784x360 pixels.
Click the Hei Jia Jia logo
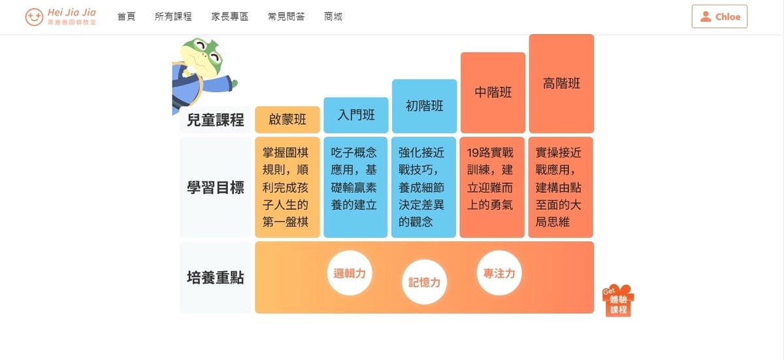click(x=61, y=17)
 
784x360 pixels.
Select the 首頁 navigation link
click(x=126, y=17)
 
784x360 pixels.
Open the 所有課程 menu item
click(x=173, y=17)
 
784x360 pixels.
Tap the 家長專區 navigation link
click(x=230, y=17)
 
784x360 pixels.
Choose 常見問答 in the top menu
click(x=286, y=17)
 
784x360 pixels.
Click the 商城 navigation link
click(x=333, y=17)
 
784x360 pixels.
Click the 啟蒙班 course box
click(x=287, y=120)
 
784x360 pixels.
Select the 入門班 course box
click(x=356, y=116)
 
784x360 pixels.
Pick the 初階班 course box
click(x=424, y=106)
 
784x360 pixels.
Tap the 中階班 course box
click(x=493, y=92)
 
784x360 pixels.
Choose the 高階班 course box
click(x=561, y=84)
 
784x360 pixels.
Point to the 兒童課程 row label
click(x=215, y=120)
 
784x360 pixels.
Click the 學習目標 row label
click(x=215, y=188)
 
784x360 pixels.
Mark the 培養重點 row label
click(x=215, y=278)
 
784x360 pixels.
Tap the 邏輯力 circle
click(x=350, y=274)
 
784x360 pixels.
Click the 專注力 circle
click(x=499, y=274)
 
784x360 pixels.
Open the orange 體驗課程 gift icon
click(x=618, y=301)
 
